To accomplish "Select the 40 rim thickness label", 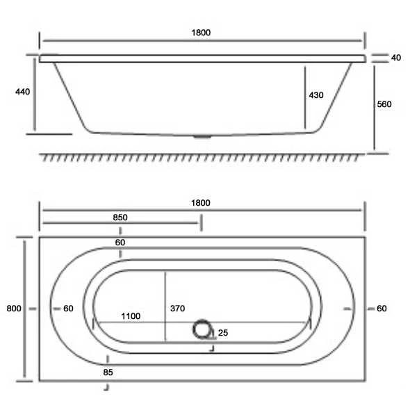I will [396, 58].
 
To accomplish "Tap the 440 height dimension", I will [22, 91].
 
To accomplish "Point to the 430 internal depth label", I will [316, 95].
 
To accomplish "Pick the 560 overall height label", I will [384, 104].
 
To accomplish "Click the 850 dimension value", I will [120, 217].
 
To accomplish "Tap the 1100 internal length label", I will [130, 316].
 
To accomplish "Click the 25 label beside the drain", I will [223, 333].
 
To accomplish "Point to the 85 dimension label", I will [108, 372].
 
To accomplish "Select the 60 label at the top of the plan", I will [120, 243].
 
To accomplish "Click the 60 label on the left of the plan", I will [68, 309].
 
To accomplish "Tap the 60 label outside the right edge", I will [382, 309].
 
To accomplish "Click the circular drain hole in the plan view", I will [203, 329].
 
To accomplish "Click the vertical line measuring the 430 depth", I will [304, 97].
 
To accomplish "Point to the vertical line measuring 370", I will [165, 306].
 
